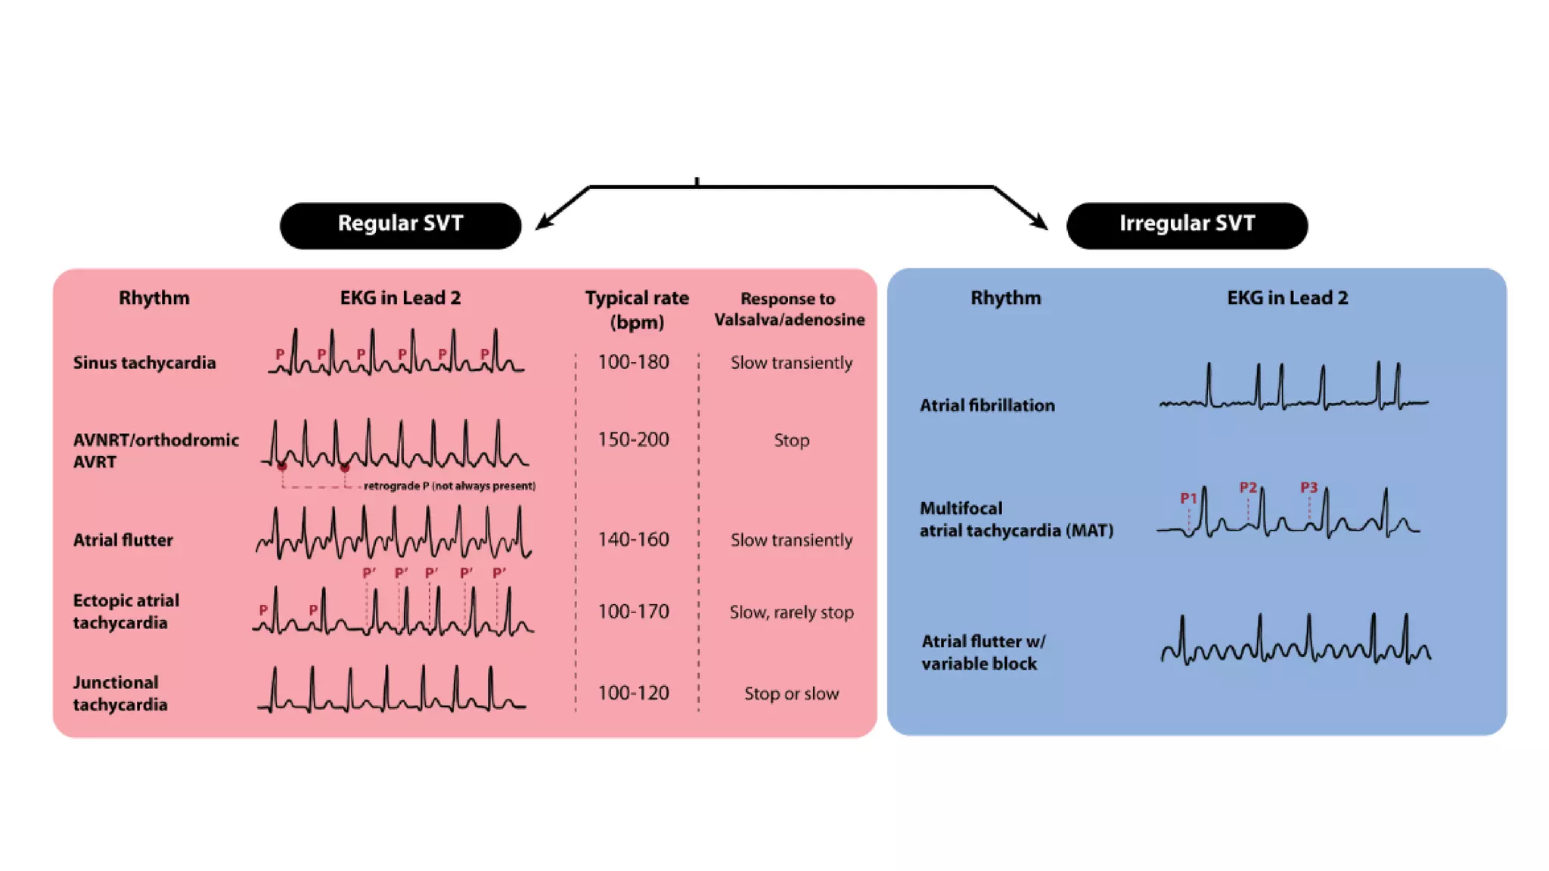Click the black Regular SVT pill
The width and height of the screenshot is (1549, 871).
tap(400, 225)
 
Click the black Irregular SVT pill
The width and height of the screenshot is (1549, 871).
tap(1187, 225)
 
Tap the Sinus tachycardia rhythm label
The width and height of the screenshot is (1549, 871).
tap(144, 363)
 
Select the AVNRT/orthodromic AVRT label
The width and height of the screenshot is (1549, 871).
tap(156, 451)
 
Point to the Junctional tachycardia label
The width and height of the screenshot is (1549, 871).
tap(120, 693)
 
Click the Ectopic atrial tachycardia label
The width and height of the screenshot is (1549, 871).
tap(126, 612)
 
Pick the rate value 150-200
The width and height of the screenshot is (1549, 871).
tap(633, 439)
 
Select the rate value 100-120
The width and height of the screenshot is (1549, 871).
tap(633, 693)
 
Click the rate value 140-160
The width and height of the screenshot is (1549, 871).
tap(633, 539)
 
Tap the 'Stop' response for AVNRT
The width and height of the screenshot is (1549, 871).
tap(791, 440)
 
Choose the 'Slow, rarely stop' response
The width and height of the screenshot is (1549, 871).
tap(791, 612)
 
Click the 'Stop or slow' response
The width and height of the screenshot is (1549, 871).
tap(791, 693)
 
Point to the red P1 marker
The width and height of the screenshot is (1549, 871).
tap(1188, 498)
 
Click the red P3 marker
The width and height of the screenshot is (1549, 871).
tap(1308, 488)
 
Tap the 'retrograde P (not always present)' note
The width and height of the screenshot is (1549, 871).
tap(449, 485)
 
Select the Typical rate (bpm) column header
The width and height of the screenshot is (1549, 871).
tap(637, 309)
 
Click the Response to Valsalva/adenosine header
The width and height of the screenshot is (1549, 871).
tap(789, 309)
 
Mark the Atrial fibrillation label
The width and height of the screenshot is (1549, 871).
tap(987, 405)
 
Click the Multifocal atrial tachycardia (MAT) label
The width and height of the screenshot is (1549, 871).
tap(1016, 519)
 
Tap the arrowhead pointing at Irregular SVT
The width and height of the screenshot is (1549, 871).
tap(1041, 223)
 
